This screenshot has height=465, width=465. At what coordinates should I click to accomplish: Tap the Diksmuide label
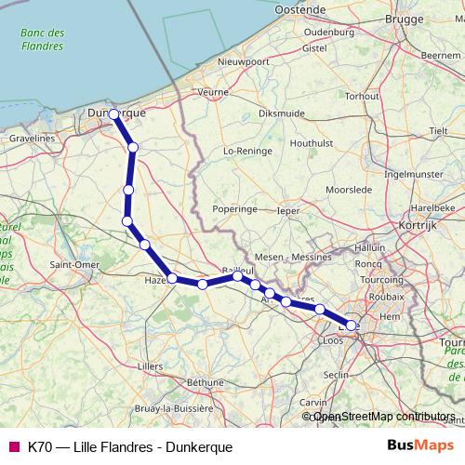pyautogui.click(x=282, y=113)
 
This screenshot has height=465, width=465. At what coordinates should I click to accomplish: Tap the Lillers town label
pyautogui.click(x=149, y=366)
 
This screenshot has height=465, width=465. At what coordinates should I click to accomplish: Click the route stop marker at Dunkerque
pyautogui.click(x=113, y=114)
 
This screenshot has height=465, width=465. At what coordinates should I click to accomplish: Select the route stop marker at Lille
pyautogui.click(x=352, y=325)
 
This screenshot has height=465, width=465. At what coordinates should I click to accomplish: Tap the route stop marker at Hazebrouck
pyautogui.click(x=172, y=277)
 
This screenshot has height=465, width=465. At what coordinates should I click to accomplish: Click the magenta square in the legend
pyautogui.click(x=13, y=446)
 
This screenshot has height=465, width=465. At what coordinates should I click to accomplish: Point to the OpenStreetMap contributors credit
pyautogui.click(x=383, y=417)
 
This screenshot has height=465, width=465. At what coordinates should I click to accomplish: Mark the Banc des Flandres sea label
pyautogui.click(x=42, y=39)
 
